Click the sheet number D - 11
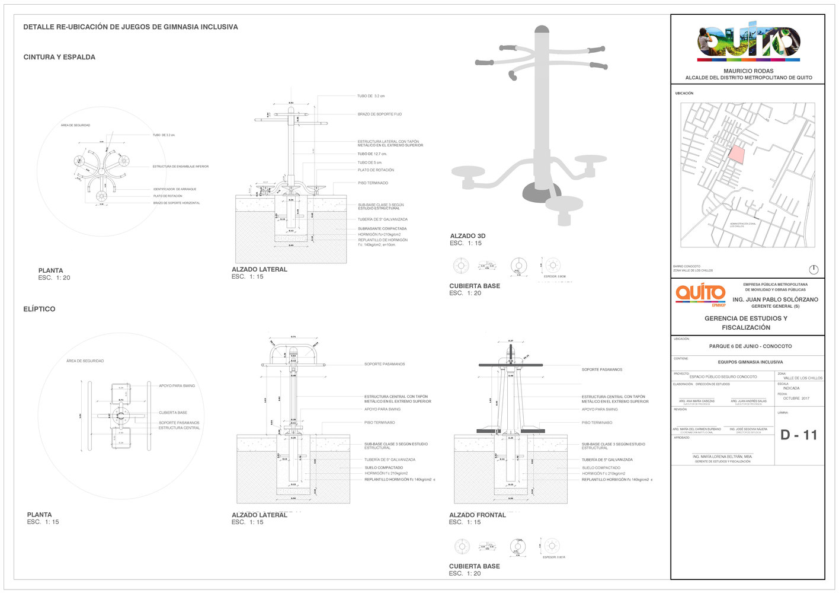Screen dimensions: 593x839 click(x=798, y=435)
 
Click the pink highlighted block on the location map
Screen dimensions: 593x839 click(x=736, y=154)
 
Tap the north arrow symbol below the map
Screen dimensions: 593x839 click(x=814, y=270)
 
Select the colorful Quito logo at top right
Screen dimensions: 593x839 click(x=748, y=42)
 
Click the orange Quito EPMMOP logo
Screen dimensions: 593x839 click(x=700, y=295)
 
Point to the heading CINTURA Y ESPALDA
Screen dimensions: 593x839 click(x=59, y=58)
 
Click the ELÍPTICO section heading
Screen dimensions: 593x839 click(x=39, y=309)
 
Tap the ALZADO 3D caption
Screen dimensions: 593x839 click(x=467, y=236)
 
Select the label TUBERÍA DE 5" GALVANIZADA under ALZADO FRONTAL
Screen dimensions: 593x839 click(x=607, y=460)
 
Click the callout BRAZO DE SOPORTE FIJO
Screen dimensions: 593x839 click(x=379, y=114)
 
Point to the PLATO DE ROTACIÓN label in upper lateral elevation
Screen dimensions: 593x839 click(x=376, y=170)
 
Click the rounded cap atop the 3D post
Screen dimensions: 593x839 click(x=542, y=29)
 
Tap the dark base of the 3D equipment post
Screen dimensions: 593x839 click(x=540, y=192)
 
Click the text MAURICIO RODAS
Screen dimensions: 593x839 click(x=748, y=71)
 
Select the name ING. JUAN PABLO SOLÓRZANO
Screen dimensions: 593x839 click(x=775, y=300)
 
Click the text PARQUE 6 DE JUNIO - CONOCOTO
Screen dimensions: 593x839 click(x=750, y=346)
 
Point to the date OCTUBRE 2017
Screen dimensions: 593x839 click(x=796, y=398)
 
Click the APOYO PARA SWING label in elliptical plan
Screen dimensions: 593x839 click(x=177, y=386)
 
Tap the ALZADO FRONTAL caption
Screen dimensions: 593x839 click(x=477, y=515)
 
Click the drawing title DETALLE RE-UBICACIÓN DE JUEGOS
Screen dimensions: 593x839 click(x=130, y=27)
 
